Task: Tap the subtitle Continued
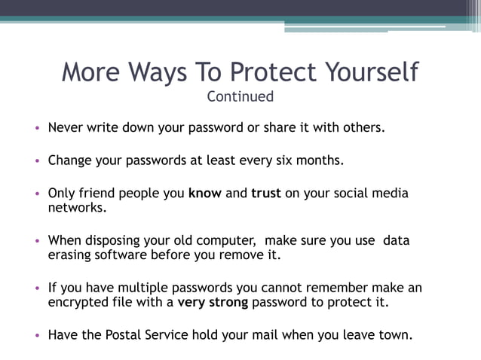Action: point(240,96)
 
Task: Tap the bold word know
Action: point(205,193)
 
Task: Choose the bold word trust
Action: point(266,193)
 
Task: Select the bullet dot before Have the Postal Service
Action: point(37,336)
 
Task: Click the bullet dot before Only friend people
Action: point(37,194)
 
